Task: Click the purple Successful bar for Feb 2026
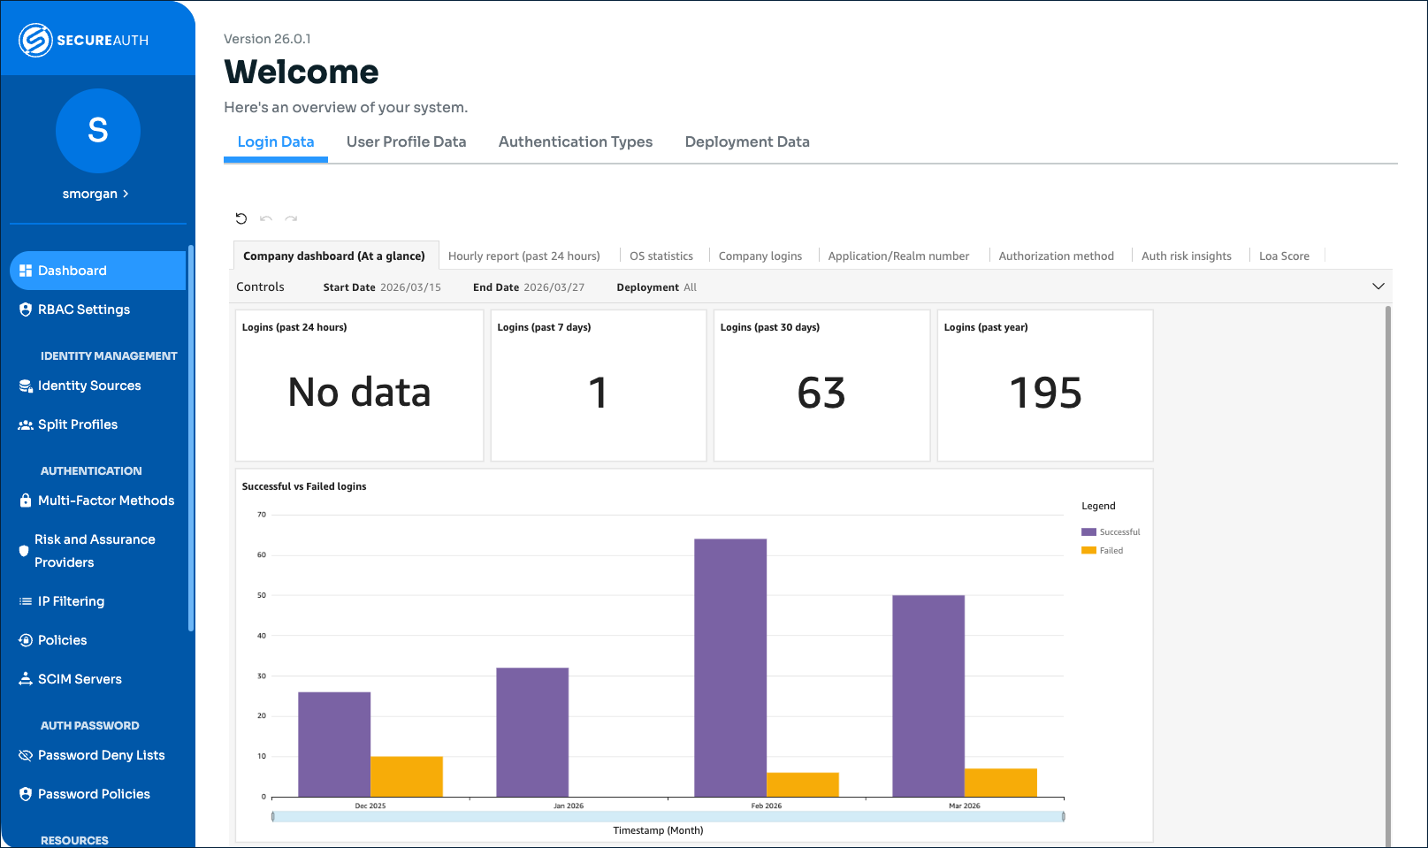730,668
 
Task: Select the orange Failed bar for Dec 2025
407,776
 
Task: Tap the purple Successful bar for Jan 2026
532,732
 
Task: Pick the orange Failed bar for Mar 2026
1000,783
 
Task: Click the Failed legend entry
1111,551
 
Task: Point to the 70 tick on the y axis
261,515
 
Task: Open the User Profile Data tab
406,141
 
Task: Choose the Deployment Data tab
747,141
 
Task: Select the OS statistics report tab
661,256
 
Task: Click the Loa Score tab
1284,256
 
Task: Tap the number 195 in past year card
1045,393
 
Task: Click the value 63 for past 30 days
821,393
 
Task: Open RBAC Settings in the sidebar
84,309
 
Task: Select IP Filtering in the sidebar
71,601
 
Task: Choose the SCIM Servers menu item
80,679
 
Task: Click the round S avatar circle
98,131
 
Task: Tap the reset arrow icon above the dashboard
241,218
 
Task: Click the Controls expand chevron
1378,286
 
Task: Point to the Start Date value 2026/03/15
410,287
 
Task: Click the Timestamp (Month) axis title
658,830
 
